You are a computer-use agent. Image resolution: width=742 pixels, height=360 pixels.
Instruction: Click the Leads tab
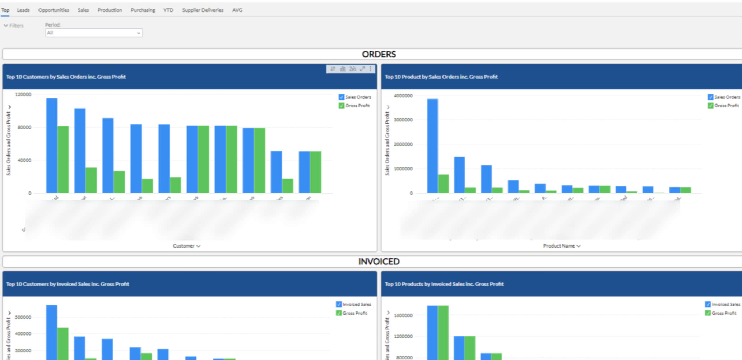tap(23, 10)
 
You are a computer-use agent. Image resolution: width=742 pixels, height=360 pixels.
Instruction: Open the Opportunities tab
tap(54, 10)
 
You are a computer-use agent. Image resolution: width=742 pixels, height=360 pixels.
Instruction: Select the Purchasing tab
tap(143, 10)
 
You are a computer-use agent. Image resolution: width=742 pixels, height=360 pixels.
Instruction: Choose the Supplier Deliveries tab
tap(203, 10)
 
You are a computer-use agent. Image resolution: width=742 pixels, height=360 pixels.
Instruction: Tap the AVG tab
tap(237, 10)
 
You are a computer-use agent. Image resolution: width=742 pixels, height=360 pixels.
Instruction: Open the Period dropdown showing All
tap(93, 33)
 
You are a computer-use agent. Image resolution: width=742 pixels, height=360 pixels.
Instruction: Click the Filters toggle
tap(14, 26)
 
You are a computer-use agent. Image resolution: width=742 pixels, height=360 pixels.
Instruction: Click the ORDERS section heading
tap(379, 54)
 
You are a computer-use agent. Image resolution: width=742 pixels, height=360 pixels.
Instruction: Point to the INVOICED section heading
tap(379, 262)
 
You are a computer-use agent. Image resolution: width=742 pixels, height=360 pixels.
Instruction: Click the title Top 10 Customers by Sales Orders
tap(66, 77)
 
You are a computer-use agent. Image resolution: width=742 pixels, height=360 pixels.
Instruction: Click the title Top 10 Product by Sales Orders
tap(441, 77)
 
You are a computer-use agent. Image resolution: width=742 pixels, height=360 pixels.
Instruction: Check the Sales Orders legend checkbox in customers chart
tap(341, 97)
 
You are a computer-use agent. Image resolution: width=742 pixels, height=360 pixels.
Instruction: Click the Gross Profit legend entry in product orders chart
tap(726, 106)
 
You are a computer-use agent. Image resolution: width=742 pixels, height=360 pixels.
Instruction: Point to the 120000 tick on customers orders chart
tap(23, 94)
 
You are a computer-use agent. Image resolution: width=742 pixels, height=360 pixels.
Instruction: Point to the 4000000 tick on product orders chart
tap(403, 96)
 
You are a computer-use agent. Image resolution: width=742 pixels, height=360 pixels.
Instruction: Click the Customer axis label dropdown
tap(186, 246)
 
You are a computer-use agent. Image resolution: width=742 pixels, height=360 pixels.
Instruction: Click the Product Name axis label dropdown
tap(562, 246)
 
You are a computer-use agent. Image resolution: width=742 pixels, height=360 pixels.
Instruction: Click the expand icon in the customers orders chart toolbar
tap(362, 69)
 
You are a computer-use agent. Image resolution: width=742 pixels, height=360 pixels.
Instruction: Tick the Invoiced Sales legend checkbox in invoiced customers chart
tap(339, 304)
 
